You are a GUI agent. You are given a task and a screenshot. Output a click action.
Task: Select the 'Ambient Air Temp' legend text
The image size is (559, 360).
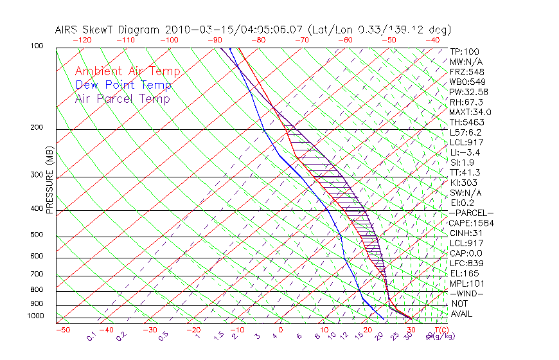tap(127, 72)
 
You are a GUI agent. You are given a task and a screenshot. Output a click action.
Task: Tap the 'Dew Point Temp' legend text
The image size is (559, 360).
tap(123, 85)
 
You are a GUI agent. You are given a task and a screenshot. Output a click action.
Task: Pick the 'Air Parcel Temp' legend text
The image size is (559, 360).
tap(122, 99)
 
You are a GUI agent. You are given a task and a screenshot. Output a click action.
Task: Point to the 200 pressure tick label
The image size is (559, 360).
tap(37, 128)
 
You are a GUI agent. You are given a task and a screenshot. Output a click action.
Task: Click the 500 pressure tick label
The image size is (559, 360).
tap(37, 235)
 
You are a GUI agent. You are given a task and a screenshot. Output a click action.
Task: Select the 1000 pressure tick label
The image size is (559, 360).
tap(35, 316)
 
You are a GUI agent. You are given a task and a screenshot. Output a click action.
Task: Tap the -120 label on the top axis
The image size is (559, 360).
tap(82, 40)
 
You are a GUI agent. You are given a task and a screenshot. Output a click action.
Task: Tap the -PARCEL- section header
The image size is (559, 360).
tap(472, 213)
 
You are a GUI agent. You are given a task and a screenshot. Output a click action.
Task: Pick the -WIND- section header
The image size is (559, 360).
tap(467, 294)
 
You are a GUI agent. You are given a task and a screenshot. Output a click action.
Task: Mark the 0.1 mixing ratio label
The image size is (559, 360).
tap(92, 336)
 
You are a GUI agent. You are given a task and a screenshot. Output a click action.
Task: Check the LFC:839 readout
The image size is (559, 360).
tap(466, 264)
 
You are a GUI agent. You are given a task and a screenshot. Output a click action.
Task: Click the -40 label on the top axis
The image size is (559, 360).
tap(432, 40)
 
